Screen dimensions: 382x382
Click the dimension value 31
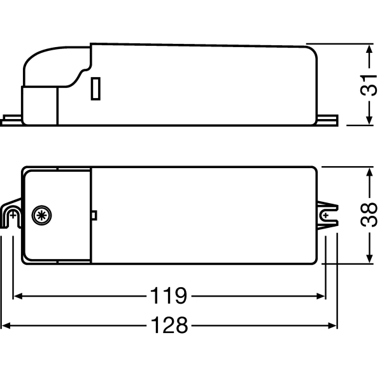pyautogui.click(x=369, y=85)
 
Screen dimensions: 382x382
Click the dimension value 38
pyautogui.click(x=369, y=215)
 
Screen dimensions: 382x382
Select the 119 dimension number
pyautogui.click(x=169, y=296)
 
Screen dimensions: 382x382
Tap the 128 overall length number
pyautogui.click(x=169, y=325)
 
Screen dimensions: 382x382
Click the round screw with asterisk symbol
pyautogui.click(x=41, y=215)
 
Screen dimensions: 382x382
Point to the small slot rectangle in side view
pyautogui.click(x=95, y=88)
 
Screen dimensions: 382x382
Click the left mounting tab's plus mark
pyautogui.click(x=13, y=215)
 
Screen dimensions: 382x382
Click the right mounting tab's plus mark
pyautogui.click(x=326, y=215)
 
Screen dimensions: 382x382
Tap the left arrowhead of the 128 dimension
pyautogui.click(x=6, y=325)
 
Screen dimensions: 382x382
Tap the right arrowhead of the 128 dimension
pyautogui.click(x=332, y=325)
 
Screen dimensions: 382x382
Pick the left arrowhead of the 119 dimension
pyautogui.click(x=18, y=296)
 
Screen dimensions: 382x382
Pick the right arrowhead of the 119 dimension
pyautogui.click(x=321, y=296)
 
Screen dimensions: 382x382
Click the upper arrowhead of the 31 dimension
pyautogui.click(x=369, y=49)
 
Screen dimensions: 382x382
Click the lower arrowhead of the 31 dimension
pyautogui.click(x=369, y=120)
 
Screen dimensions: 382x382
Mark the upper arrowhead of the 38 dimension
pyautogui.click(x=369, y=172)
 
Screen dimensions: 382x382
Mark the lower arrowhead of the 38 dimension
pyautogui.click(x=369, y=258)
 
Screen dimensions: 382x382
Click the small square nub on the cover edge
pyautogui.click(x=94, y=215)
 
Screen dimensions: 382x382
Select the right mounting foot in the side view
pyautogui.click(x=328, y=120)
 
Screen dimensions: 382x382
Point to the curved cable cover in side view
pyautogui.click(x=56, y=66)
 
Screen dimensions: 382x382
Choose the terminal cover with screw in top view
pyautogui.click(x=57, y=215)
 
